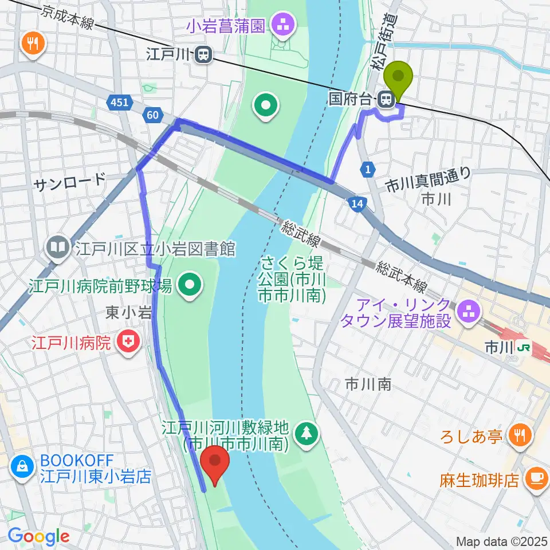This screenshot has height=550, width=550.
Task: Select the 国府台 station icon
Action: click(x=387, y=100)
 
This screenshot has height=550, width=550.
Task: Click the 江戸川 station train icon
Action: click(x=202, y=55)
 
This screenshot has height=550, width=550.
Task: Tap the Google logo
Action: click(x=38, y=536)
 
